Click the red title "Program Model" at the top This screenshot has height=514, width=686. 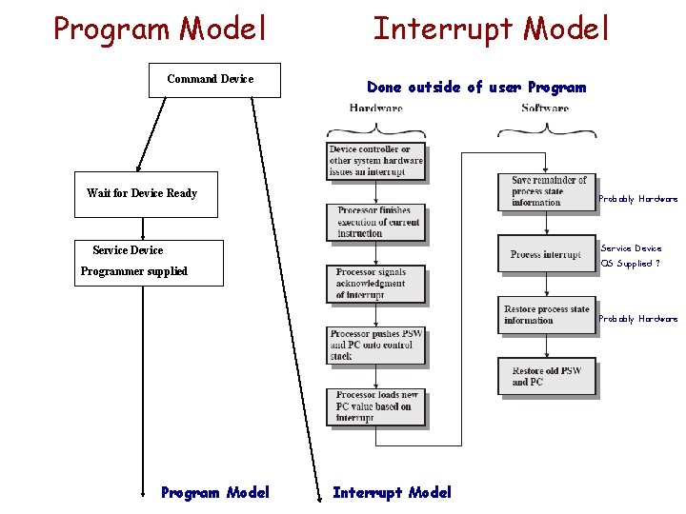tap(160, 29)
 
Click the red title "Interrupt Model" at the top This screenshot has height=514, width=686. tap(490, 29)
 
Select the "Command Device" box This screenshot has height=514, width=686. tap(215, 80)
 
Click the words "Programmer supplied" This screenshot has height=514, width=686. tap(134, 271)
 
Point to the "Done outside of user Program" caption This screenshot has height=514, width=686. tap(476, 88)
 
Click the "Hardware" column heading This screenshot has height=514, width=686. tap(375, 109)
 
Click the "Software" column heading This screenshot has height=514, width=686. tap(545, 109)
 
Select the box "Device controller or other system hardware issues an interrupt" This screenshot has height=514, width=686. tap(375, 161)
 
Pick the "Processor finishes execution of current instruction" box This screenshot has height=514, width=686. tap(375, 222)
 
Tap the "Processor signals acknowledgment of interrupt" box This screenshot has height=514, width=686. tap(375, 284)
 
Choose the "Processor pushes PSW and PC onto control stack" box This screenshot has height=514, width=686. tap(375, 345)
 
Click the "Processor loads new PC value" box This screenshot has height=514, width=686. tap(375, 406)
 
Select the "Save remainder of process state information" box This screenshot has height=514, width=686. tap(547, 191)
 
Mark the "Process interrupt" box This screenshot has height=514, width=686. tap(547, 254)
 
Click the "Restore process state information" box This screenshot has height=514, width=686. tap(547, 315)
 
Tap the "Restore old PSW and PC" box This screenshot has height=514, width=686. tap(547, 376)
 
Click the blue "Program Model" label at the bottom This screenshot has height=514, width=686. tap(215, 492)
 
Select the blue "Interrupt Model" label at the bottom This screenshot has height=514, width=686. tap(392, 492)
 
